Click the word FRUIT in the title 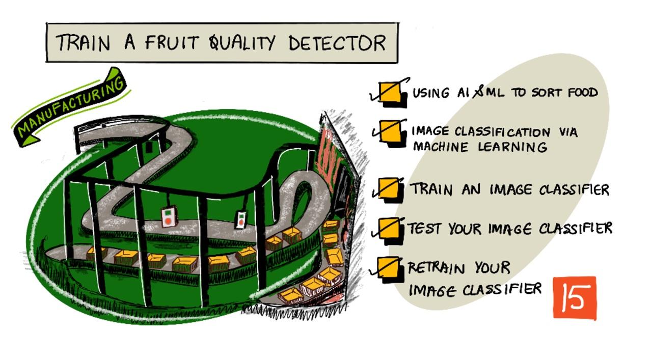tap(172, 43)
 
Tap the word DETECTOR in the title tap(337, 43)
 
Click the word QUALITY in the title tap(242, 43)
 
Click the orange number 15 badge tap(575, 298)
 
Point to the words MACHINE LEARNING tap(480, 147)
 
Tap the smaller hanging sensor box tap(241, 220)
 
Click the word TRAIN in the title tap(83, 43)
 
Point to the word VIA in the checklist tap(568, 132)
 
